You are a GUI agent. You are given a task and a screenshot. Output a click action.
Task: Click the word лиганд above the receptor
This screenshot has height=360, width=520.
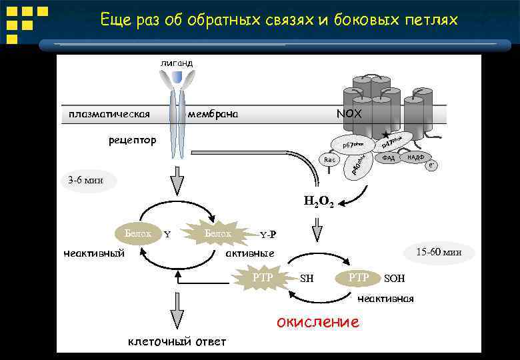click(176, 63)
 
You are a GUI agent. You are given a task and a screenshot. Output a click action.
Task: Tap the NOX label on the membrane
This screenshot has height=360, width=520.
click(349, 114)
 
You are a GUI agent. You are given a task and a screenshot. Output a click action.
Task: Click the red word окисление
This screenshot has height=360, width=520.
click(317, 323)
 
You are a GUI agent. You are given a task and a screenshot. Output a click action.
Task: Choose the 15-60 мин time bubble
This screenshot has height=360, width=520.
click(438, 253)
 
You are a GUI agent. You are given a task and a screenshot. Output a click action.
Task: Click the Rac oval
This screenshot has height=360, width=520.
click(329, 160)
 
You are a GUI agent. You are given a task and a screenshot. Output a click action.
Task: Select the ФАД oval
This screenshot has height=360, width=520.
click(389, 158)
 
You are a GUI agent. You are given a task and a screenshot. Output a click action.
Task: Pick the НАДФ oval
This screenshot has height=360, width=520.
click(416, 157)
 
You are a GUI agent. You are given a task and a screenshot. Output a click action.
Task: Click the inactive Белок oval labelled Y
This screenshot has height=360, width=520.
click(138, 233)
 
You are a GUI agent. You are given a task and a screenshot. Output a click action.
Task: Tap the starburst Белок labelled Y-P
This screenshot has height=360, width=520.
click(218, 233)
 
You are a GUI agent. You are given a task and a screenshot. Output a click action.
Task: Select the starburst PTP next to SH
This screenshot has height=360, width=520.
click(263, 277)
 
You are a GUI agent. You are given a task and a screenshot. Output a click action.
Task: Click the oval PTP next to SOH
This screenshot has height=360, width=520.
click(359, 277)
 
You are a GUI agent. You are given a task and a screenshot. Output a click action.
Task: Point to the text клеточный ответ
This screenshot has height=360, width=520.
click(177, 342)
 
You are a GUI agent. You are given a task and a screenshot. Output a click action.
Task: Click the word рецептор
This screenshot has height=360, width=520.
click(133, 141)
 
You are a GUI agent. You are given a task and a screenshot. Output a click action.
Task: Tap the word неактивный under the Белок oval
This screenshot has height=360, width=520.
click(94, 253)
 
